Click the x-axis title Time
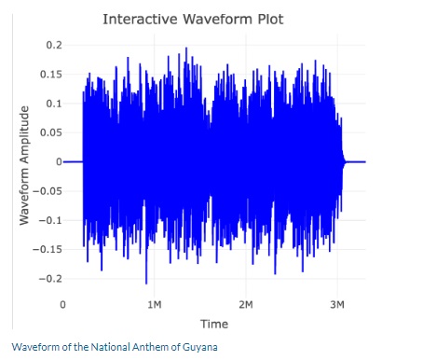point(213,323)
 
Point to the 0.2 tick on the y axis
point(55,45)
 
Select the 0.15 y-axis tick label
point(52,74)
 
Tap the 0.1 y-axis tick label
point(55,103)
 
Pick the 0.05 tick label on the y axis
point(52,132)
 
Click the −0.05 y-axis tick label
point(48,191)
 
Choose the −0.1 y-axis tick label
point(51,220)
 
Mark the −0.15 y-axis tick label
point(48,250)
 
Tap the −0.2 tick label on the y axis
point(51,279)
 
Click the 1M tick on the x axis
point(155,305)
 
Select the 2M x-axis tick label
point(246,305)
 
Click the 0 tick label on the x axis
point(63,305)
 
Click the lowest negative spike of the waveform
point(146,281)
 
